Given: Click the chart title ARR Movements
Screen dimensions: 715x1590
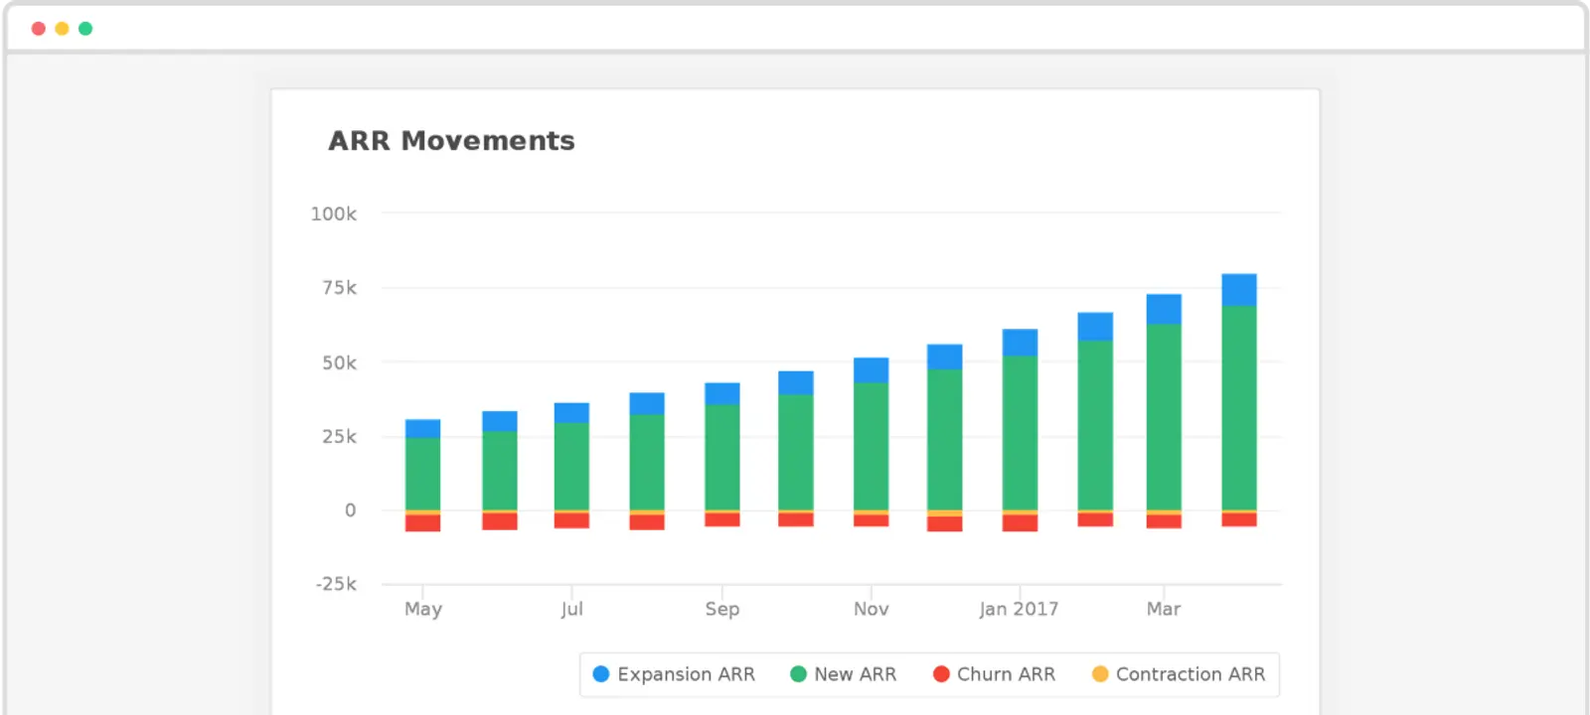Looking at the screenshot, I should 451,141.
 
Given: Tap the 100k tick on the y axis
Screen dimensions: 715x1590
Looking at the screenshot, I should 333,214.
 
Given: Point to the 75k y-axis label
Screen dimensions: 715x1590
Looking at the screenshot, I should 339,288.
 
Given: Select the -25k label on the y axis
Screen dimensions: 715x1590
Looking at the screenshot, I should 336,584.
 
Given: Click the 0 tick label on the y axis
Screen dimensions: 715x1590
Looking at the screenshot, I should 350,510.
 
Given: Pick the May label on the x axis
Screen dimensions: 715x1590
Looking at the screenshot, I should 423,609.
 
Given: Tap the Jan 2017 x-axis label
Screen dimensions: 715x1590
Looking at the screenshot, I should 1019,609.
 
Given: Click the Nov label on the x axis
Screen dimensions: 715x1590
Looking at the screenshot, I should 871,609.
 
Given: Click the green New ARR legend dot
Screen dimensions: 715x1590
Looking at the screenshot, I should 798,674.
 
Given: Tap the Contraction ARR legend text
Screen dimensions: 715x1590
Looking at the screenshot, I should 1190,674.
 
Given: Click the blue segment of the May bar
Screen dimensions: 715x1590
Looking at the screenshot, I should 423,428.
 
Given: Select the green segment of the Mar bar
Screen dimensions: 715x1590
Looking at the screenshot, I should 1164,417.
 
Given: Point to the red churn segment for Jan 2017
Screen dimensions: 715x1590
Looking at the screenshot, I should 1020,522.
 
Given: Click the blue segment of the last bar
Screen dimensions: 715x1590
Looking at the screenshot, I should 1239,289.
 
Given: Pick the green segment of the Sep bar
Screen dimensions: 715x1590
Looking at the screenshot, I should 722,457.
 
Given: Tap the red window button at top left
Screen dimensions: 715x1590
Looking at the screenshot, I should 39,29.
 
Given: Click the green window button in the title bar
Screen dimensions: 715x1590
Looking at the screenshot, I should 85,29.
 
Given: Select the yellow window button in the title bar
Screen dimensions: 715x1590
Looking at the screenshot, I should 62,29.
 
